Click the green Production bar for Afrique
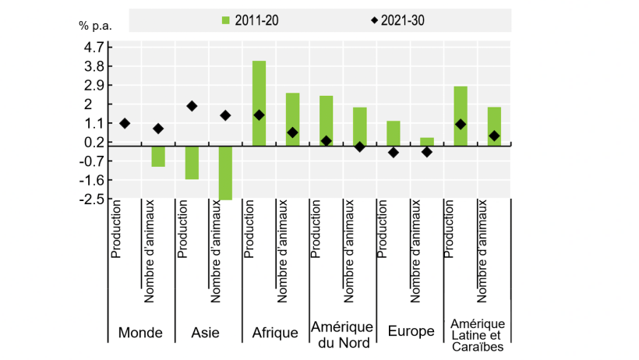coord(259,103)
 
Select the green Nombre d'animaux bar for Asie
coord(225,172)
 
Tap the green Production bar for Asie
coord(192,162)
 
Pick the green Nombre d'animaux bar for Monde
coord(158,156)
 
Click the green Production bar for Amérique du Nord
coord(326,120)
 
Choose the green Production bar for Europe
coord(393,132)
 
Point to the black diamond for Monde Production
coord(125,123)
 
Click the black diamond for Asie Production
coord(192,106)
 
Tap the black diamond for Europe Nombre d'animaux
coord(426,152)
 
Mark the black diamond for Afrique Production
coord(259,115)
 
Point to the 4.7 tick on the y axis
coord(94,47)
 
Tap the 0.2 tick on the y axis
coord(94,143)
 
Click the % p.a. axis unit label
coord(95,25)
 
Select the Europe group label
coord(411,332)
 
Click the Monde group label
coord(140,333)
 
